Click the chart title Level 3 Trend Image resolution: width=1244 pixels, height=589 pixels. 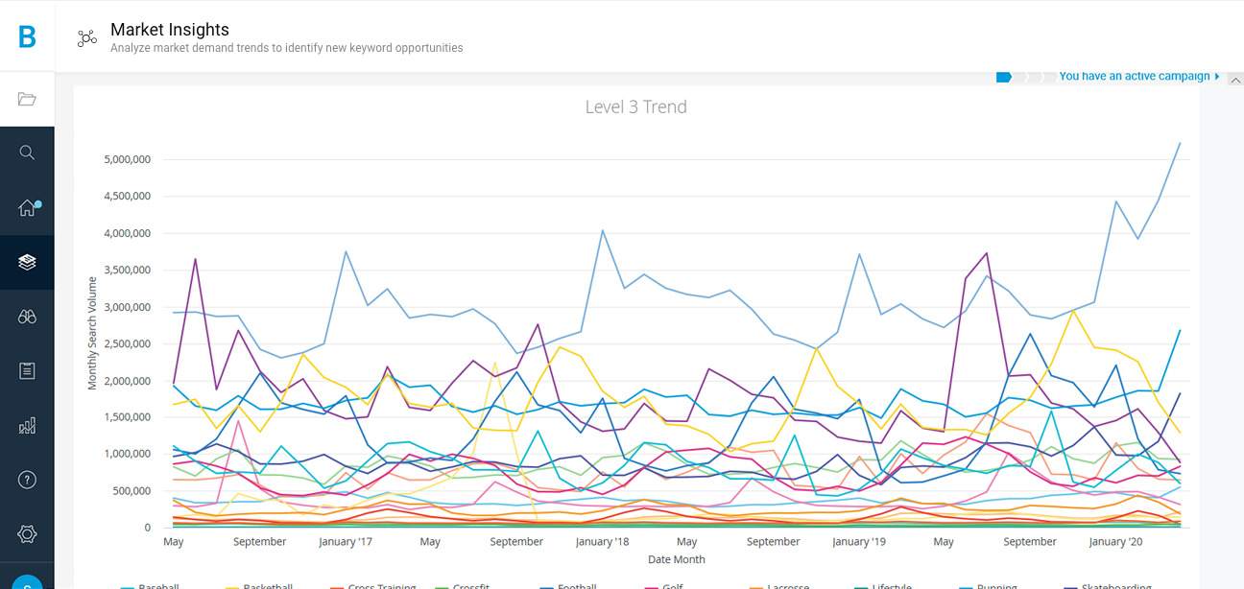tap(635, 106)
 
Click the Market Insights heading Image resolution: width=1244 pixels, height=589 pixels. tap(170, 30)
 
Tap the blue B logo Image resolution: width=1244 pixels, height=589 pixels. tap(27, 36)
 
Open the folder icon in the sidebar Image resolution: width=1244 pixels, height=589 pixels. tap(27, 99)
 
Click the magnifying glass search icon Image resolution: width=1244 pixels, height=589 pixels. tap(27, 153)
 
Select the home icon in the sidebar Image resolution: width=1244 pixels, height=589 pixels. tap(27, 208)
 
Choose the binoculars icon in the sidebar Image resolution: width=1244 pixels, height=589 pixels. tap(27, 317)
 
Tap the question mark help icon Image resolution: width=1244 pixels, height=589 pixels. tap(27, 480)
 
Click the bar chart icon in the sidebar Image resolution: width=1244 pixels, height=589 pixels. tap(27, 425)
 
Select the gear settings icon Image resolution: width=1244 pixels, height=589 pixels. tap(27, 534)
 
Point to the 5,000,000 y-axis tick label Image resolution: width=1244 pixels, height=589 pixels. tap(127, 159)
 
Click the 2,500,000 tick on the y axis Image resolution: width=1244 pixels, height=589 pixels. tap(127, 343)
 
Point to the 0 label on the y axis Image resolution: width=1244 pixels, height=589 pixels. tap(147, 528)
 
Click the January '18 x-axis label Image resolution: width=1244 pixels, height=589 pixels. tap(602, 542)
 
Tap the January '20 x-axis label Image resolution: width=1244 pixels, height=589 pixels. tap(1115, 542)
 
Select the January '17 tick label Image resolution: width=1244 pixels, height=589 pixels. tap(346, 542)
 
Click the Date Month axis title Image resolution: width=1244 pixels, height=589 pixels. tap(676, 559)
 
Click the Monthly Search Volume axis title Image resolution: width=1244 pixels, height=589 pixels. tap(93, 333)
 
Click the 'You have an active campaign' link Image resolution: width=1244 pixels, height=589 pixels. tap(1134, 77)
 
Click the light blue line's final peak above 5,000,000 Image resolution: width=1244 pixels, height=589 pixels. tap(1180, 143)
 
